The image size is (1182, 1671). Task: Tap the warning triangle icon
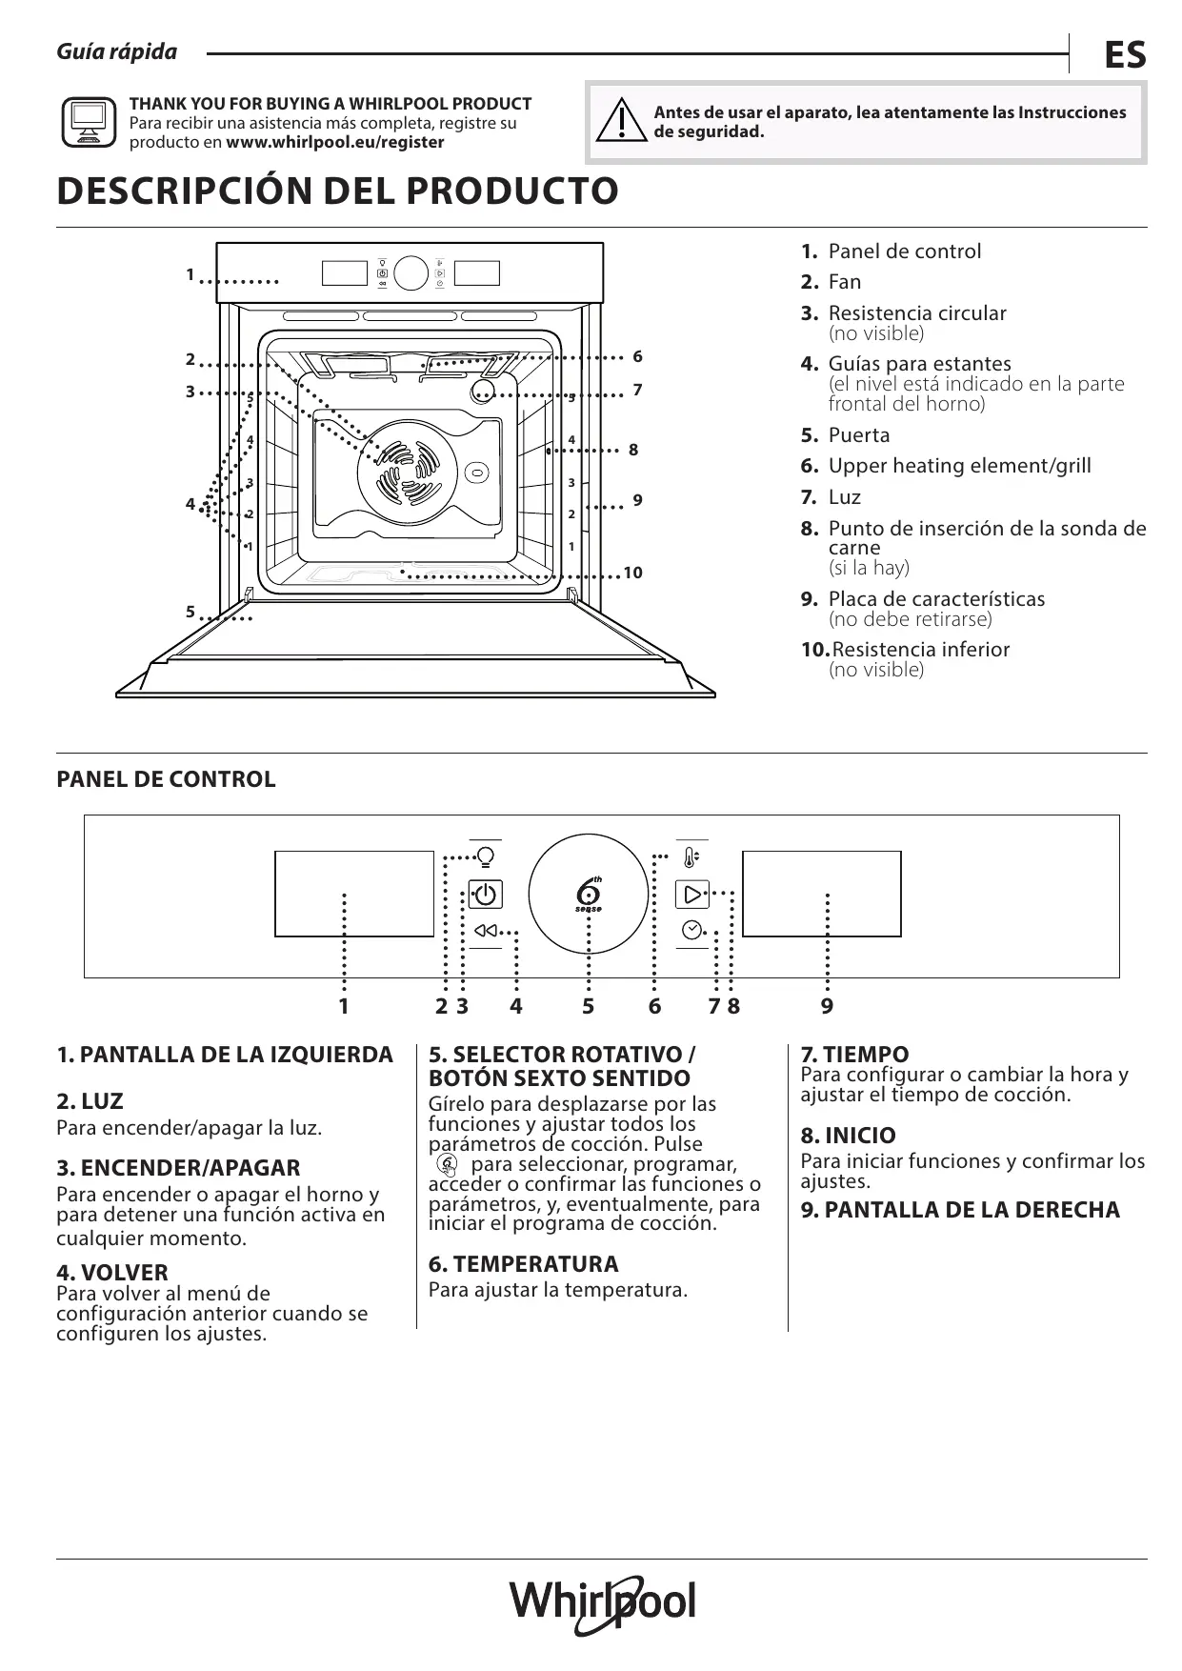620,121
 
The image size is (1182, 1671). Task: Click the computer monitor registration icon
89,122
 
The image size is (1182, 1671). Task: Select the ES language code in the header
1125,55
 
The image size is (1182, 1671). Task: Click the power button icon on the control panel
486,895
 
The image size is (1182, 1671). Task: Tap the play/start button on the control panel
692,894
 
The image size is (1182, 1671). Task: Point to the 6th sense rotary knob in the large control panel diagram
589,895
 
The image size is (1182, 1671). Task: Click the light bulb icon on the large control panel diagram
486,856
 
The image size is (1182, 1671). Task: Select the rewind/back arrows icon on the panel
486,931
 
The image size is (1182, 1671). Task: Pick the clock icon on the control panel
692,930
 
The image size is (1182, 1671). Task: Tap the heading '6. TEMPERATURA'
523,1264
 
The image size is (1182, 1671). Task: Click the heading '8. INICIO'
848,1136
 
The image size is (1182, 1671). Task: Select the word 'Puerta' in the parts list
859,435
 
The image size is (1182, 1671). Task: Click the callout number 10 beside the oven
632,573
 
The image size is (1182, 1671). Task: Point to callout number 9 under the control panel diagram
827,1006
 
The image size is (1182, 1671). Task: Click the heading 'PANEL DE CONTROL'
166,779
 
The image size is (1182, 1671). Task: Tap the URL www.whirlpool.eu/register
335,143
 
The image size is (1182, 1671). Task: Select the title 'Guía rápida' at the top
117,52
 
